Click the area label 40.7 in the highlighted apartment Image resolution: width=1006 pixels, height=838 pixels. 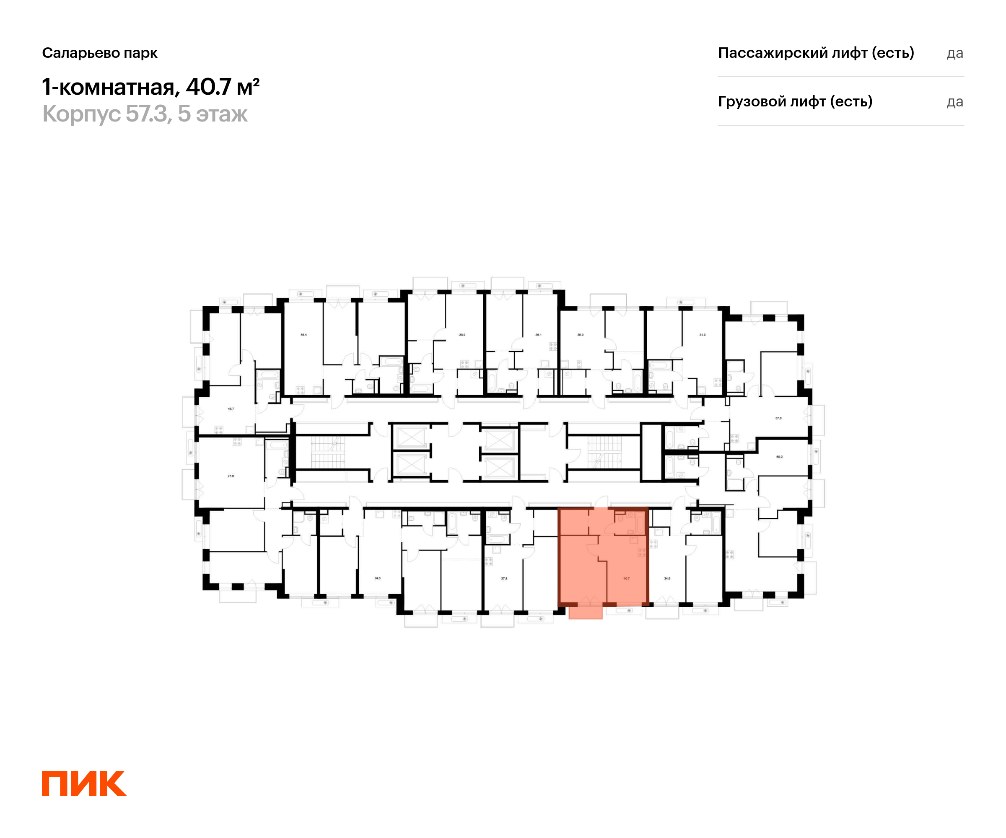point(626,579)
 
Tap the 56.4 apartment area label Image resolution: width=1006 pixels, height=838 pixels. point(304,335)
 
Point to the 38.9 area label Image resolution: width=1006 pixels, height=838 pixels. point(462,335)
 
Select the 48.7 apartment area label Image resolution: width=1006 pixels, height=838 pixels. point(231,409)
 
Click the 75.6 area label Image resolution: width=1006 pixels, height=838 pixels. point(231,476)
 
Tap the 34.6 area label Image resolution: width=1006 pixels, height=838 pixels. point(667,579)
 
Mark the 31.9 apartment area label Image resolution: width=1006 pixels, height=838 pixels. point(702,335)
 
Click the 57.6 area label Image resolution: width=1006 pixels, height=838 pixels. point(778,418)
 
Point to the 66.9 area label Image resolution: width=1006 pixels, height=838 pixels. point(779,457)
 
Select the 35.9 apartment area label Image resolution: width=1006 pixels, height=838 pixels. point(581,335)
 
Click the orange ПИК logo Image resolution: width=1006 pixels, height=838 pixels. point(84,784)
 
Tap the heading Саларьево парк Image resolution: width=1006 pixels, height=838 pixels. point(100,53)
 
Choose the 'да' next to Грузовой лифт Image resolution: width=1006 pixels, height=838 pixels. point(955,102)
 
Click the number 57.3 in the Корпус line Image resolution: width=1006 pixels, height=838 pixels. point(147,114)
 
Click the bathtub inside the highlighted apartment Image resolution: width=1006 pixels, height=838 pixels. point(640,524)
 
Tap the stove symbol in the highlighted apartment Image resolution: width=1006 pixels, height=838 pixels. point(641,552)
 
